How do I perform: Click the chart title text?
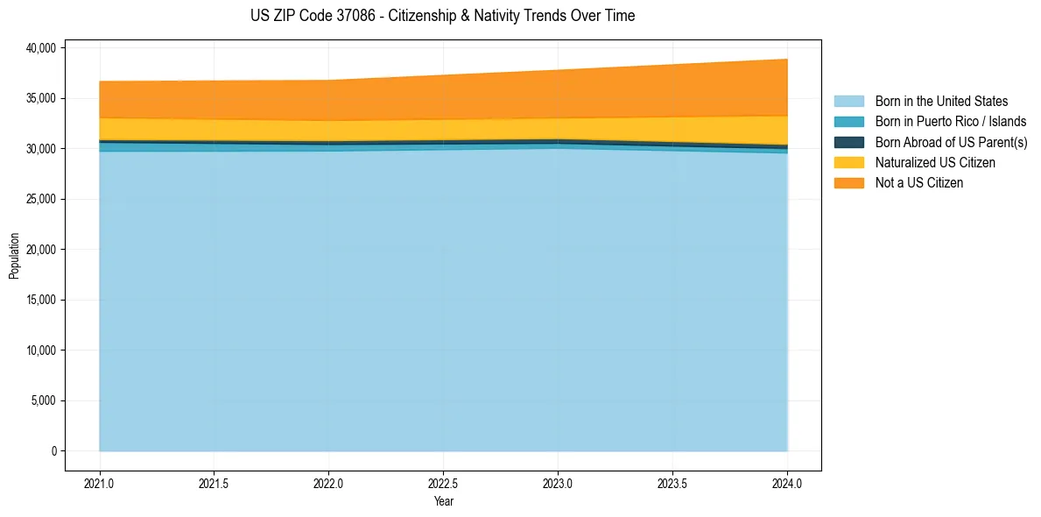(442, 16)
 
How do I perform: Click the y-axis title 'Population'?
(14, 256)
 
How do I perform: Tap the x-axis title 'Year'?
(444, 501)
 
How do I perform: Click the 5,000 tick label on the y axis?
(43, 400)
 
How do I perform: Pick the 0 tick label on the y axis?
(53, 451)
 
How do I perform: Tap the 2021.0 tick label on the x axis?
(100, 483)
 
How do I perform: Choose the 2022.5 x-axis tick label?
(444, 483)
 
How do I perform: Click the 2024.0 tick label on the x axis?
(788, 483)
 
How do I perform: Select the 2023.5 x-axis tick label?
(673, 483)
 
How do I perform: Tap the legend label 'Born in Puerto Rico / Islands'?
(951, 122)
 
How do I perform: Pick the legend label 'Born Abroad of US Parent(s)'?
(951, 142)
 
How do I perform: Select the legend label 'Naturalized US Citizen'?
(935, 163)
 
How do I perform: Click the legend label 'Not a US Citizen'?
(919, 183)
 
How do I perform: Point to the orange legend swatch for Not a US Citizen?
(848, 183)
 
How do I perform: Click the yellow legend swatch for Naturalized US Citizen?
(848, 163)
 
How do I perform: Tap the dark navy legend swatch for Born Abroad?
(848, 142)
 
